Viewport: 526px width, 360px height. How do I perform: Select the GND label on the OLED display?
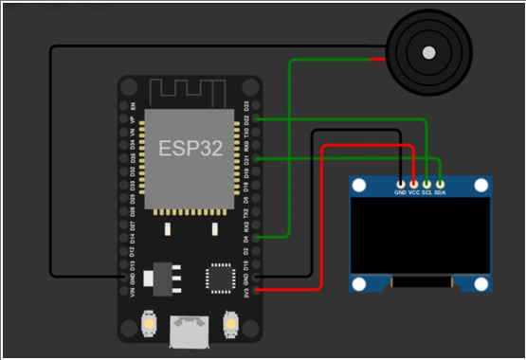pos(401,192)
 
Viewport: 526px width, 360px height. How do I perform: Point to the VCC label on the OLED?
pos(414,192)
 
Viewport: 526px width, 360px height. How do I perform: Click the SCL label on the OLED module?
pos(426,192)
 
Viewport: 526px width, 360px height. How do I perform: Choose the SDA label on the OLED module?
pos(440,192)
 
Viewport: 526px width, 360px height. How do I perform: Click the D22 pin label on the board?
pos(247,120)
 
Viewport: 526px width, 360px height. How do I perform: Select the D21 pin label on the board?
pos(247,160)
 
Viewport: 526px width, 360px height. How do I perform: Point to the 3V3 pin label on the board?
pos(247,293)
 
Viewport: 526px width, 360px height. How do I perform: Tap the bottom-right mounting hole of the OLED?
pos(483,285)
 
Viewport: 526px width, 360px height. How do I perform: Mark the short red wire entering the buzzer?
pos(377,61)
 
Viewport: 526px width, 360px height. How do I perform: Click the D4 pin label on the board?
pos(247,240)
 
